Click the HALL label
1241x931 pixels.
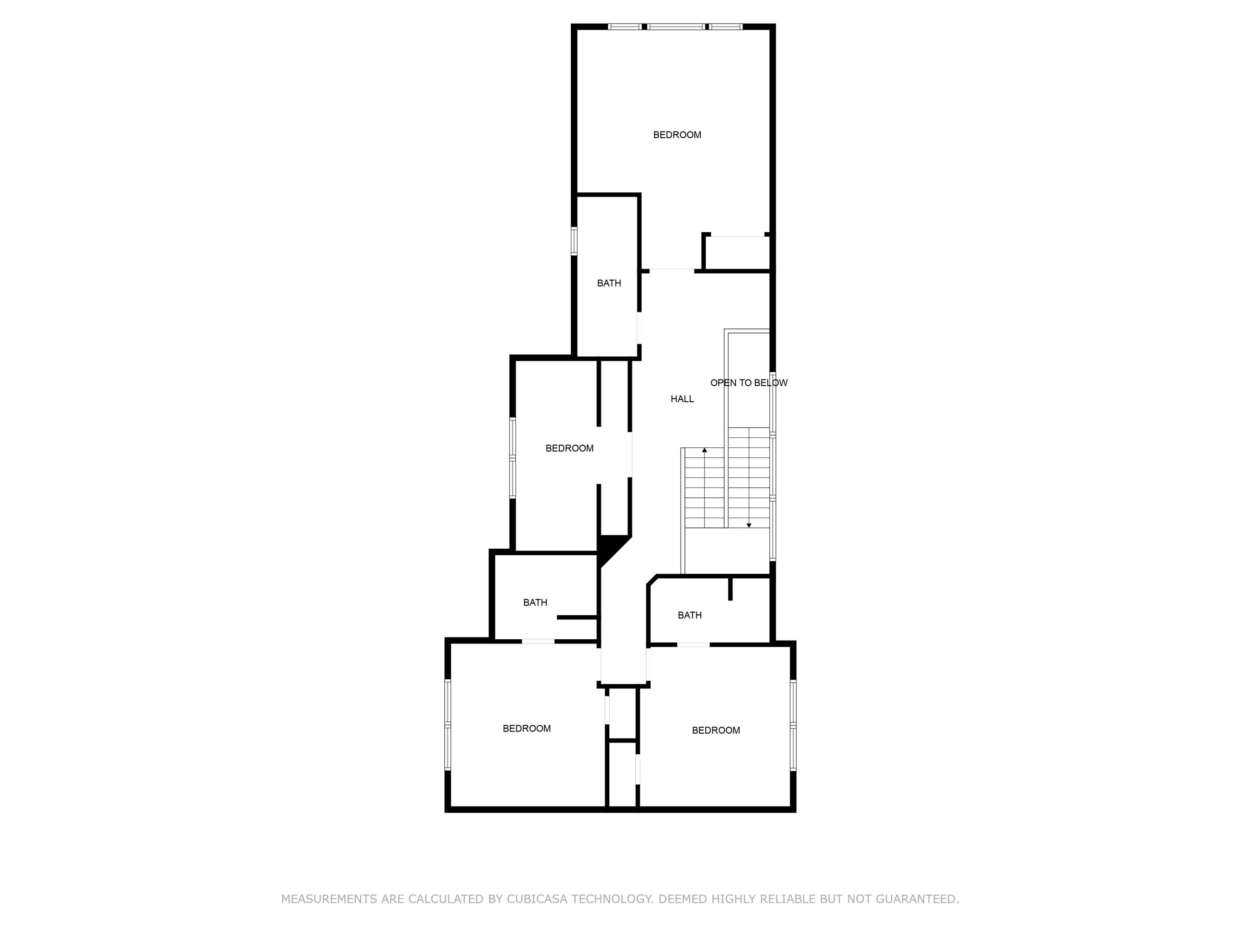click(x=682, y=399)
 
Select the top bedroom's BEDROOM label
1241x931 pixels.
click(x=677, y=134)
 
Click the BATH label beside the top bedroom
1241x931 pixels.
click(x=609, y=283)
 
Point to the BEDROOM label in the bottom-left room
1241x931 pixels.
click(x=526, y=728)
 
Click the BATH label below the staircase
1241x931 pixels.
click(x=690, y=615)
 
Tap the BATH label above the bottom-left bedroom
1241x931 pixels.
click(x=534, y=602)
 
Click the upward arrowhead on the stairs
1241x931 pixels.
click(x=704, y=450)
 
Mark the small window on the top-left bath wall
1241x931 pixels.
click(x=574, y=241)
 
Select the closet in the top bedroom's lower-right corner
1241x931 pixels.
click(x=737, y=254)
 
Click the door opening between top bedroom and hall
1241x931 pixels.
click(x=671, y=271)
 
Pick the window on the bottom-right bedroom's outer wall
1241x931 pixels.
click(x=793, y=725)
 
